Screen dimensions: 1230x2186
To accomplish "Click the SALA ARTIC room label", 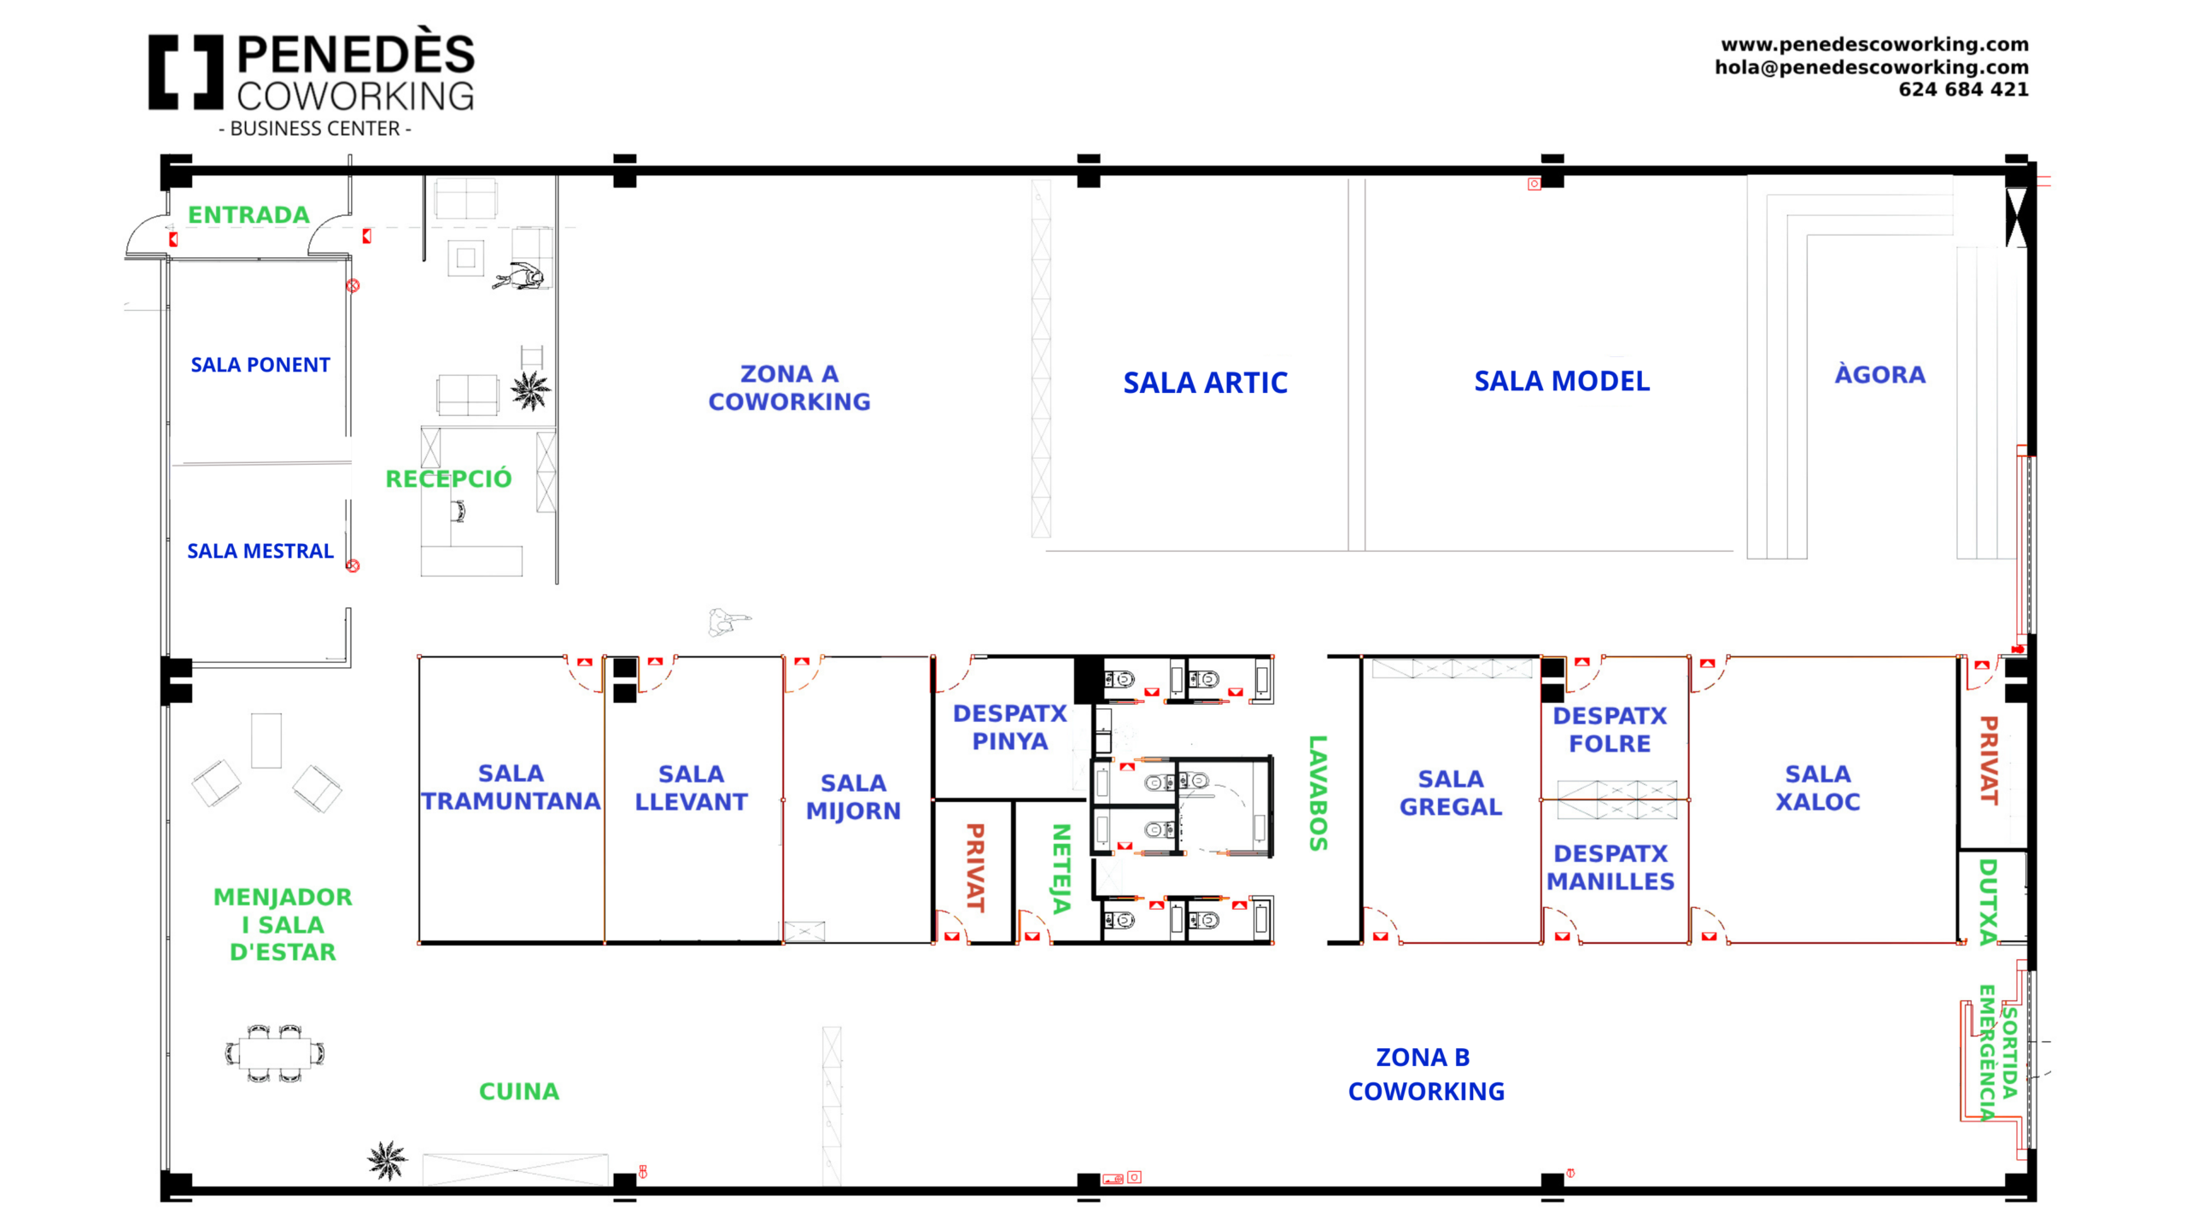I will point(1204,383).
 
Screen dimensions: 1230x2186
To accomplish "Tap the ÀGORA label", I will point(1879,374).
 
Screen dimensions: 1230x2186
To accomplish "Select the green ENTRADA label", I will point(248,214).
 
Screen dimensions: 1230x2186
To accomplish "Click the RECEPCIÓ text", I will point(448,478).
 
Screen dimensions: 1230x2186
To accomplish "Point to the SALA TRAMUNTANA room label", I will point(511,787).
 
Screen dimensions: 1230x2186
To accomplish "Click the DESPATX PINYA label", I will point(1009,727).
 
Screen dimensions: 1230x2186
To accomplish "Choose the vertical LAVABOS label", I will point(1318,793).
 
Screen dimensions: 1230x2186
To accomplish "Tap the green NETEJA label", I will point(1061,868).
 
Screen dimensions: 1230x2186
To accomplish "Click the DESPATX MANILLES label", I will point(1610,867).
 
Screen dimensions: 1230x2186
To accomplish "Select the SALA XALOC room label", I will point(1817,788).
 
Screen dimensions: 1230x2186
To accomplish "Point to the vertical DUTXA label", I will point(1988,901).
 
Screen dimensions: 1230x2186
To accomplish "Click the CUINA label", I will point(518,1091).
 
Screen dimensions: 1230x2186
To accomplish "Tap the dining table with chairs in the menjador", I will point(275,1053).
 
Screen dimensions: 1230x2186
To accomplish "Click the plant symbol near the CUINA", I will point(387,1160).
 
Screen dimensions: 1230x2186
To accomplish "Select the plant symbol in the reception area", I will point(530,389).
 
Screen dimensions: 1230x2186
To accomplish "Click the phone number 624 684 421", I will point(1962,89).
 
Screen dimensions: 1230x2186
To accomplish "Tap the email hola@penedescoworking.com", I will point(1871,67).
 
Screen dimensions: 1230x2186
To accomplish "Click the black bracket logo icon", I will point(185,72).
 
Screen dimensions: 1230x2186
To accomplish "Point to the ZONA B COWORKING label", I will point(1425,1074).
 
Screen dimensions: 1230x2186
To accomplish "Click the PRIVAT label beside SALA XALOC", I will point(1989,760).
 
